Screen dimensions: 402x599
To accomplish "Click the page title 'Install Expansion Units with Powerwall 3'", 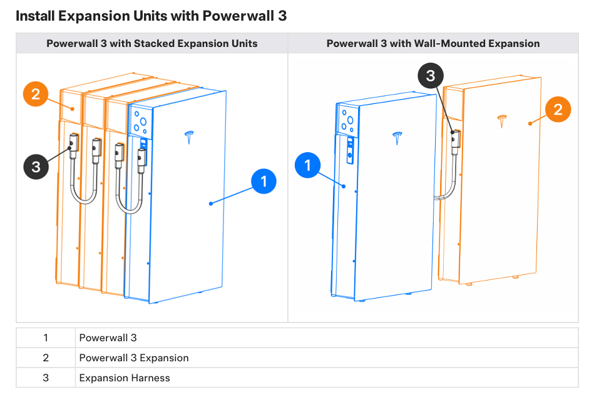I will (x=151, y=16).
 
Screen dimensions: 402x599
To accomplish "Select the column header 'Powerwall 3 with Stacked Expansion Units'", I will (x=152, y=43).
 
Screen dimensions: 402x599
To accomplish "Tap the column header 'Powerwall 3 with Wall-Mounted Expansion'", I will (x=433, y=43).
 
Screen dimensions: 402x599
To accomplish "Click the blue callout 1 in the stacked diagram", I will (x=264, y=182).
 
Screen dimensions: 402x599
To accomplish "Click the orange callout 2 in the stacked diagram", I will (x=36, y=94).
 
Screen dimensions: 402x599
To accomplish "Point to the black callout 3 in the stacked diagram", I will (x=36, y=167).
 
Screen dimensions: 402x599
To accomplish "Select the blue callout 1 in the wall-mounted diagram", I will (x=307, y=167).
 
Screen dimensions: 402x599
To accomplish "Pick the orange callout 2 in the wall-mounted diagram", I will (x=558, y=110).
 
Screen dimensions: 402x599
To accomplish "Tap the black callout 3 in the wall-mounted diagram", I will (x=431, y=76).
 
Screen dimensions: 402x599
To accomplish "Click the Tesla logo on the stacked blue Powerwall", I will (x=190, y=138).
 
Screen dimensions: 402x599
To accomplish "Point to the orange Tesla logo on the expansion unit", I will (x=500, y=121).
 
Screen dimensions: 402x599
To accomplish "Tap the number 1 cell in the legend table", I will (x=46, y=338).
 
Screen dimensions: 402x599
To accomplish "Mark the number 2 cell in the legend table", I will (x=46, y=358).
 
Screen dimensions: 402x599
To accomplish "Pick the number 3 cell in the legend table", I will (x=46, y=378).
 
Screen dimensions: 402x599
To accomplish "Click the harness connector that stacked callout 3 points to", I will (x=73, y=144).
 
